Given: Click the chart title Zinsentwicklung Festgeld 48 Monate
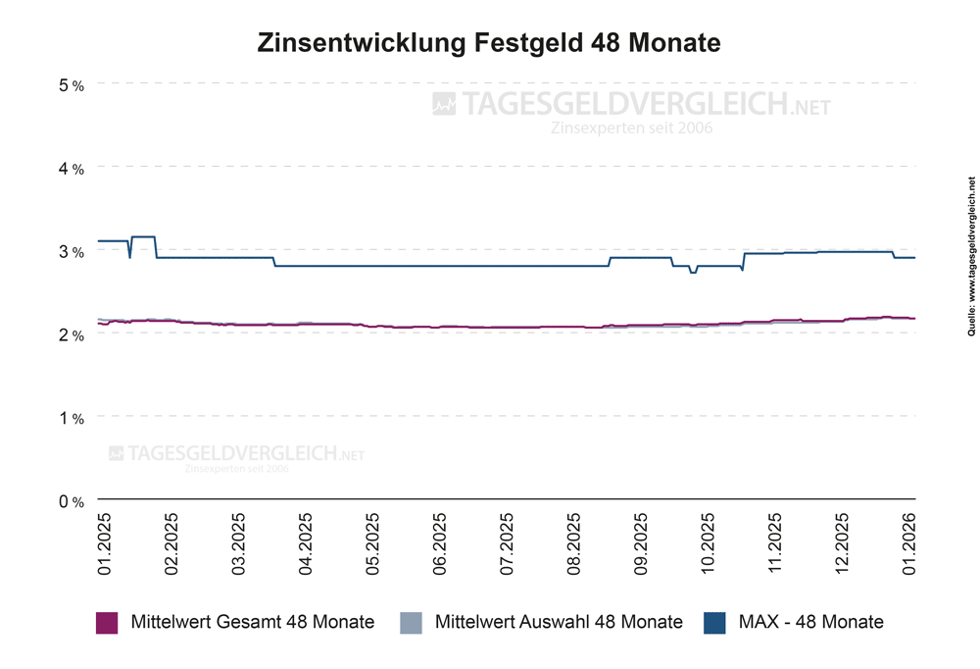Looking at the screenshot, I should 489,43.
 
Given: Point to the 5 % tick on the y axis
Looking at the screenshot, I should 72,85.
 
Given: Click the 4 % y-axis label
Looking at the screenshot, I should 72,169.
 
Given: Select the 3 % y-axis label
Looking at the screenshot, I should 72,252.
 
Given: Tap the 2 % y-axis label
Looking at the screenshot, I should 72,334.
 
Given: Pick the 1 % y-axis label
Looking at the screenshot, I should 72,418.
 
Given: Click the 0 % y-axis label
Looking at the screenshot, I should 72,501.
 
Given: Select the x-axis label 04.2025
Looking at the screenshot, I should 306,541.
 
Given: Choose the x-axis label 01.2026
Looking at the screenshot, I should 910,541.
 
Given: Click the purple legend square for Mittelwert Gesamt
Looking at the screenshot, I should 107,622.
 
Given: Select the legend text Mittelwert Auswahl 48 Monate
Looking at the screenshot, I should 558,622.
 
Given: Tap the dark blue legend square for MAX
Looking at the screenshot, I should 714,622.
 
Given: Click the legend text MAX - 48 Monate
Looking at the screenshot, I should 810,622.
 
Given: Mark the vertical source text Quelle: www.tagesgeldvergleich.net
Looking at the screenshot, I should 971,271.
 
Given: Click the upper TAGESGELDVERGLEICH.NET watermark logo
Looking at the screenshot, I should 632,104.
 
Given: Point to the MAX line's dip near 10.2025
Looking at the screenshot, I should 693,272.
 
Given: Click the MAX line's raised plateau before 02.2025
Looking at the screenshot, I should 143,236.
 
